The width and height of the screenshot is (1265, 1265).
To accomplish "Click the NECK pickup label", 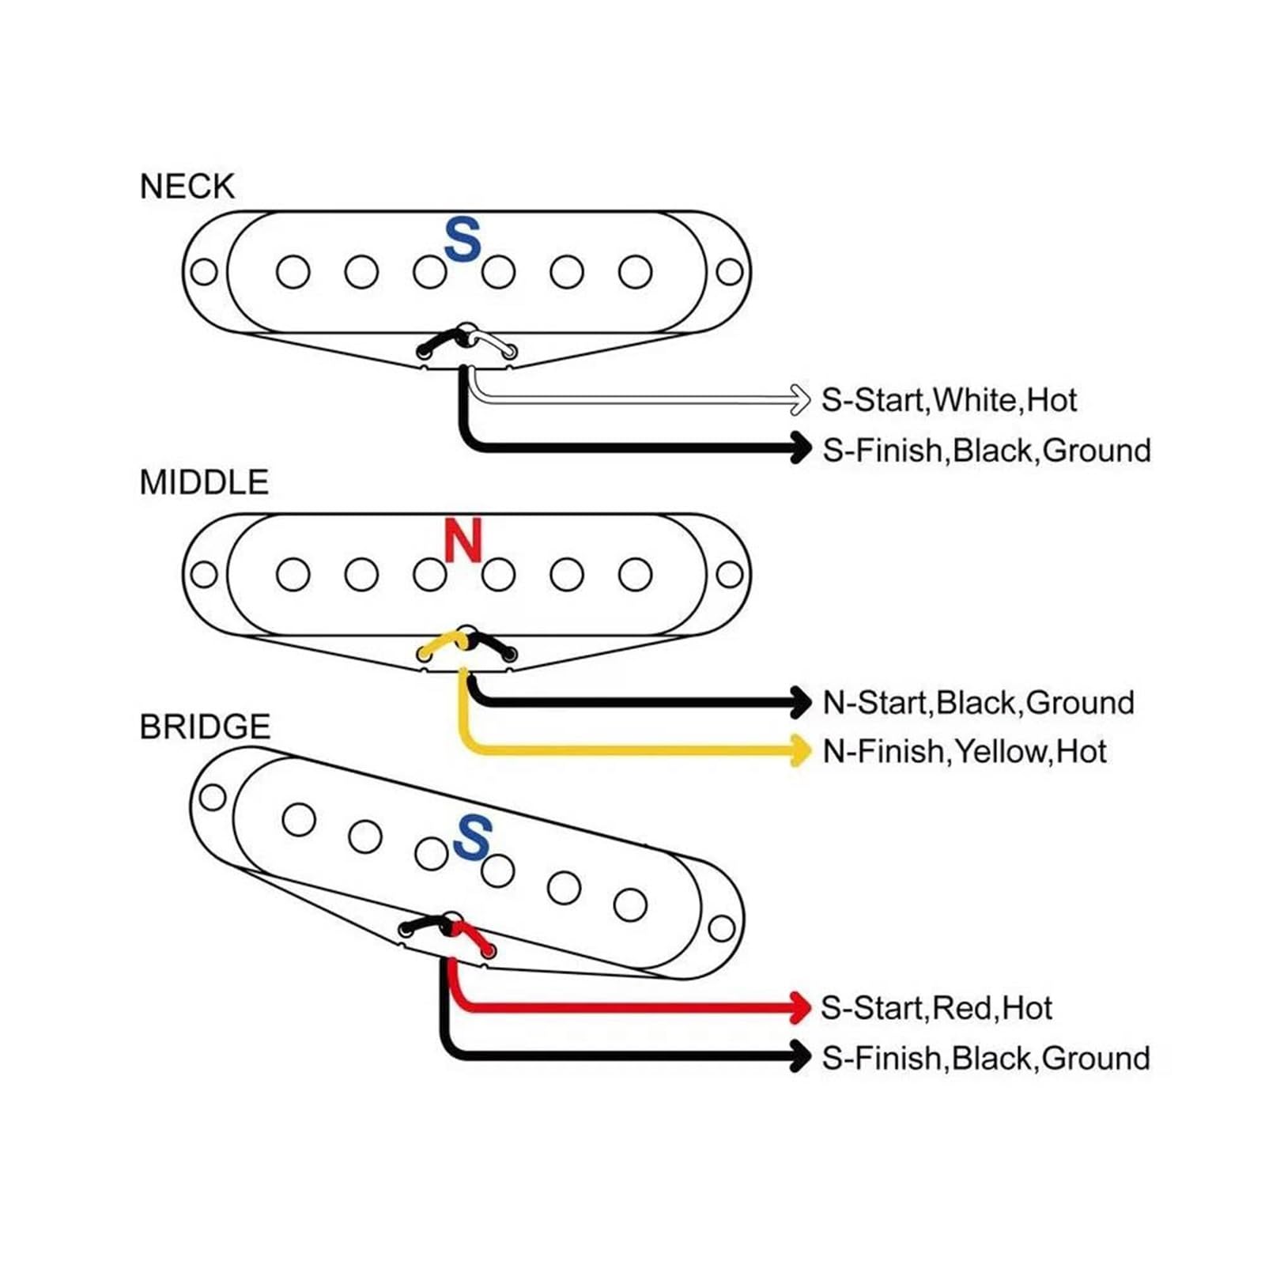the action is click(187, 187).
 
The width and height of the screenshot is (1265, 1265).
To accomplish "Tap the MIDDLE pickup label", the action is click(204, 482).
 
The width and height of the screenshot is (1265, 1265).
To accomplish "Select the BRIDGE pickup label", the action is click(205, 727).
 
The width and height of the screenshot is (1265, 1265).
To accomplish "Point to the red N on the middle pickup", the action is click(463, 541).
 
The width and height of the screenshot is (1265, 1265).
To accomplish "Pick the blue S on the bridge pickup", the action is click(473, 837).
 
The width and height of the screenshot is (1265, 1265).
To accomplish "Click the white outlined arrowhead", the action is click(800, 399).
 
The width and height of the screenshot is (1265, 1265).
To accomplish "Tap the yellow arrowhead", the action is click(800, 750).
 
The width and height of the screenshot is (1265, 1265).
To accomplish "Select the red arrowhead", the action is click(800, 1008).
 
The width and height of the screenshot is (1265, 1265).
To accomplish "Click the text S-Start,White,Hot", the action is click(949, 400).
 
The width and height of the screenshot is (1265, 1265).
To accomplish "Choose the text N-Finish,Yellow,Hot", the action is click(965, 751).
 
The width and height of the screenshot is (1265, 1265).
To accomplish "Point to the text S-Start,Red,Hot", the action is click(937, 1008).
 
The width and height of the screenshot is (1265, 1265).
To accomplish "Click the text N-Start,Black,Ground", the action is click(979, 702).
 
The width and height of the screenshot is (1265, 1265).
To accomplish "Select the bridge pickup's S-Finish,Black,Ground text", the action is click(986, 1058).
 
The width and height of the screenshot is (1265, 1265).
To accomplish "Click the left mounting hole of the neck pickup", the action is click(204, 272).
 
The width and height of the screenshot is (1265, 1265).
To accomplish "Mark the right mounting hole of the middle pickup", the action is click(729, 575).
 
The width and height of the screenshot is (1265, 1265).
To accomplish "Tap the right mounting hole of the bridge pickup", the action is click(721, 928).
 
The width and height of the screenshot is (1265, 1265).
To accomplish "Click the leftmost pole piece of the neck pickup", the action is click(293, 272).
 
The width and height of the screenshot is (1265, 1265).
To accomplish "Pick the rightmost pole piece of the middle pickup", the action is click(635, 575).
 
